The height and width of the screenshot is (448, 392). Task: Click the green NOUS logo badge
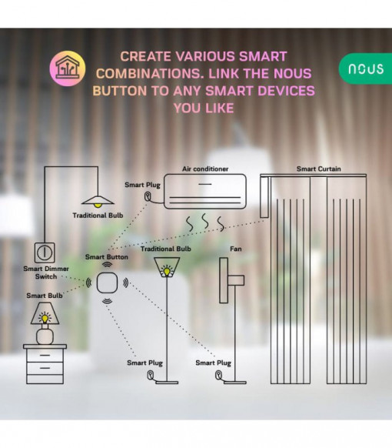(x=365, y=69)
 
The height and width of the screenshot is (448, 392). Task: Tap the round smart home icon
(x=68, y=69)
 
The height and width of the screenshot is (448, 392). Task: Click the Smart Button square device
(x=107, y=283)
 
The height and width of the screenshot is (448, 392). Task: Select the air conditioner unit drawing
(x=205, y=191)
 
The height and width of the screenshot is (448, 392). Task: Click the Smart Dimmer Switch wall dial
(x=45, y=252)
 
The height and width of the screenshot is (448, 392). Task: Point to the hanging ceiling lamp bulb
(x=98, y=205)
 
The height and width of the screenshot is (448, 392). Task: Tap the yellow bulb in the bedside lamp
(x=45, y=318)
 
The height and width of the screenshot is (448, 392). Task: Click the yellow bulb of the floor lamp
(x=167, y=271)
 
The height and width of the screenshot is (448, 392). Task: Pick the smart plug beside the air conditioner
(x=148, y=196)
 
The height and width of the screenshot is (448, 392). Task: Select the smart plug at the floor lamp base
(x=150, y=375)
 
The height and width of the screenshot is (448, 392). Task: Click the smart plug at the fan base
(x=218, y=375)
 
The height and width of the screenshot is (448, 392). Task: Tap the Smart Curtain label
(x=319, y=169)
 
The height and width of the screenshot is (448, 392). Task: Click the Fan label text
(x=236, y=249)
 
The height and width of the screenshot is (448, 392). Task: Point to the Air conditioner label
(x=205, y=169)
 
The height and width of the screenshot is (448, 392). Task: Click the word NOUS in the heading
(x=292, y=73)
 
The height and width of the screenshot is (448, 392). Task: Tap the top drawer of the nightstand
(x=45, y=355)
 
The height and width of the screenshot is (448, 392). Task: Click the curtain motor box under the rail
(x=264, y=197)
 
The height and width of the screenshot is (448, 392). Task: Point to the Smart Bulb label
(x=45, y=296)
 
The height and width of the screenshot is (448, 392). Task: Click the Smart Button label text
(x=107, y=257)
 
